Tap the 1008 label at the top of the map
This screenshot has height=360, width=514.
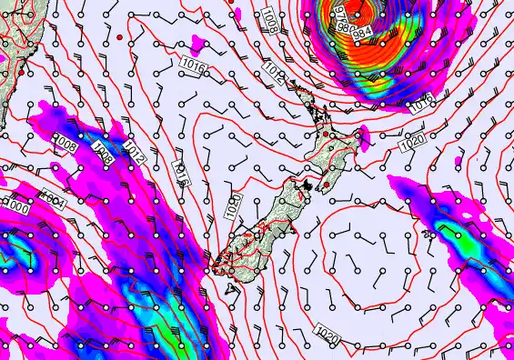[x=271, y=17]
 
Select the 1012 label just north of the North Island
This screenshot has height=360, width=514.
[x=275, y=66]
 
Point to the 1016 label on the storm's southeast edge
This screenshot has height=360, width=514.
[x=420, y=103]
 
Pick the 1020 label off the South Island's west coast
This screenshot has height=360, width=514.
[x=232, y=205]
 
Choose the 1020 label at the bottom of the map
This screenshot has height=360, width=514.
[x=329, y=336]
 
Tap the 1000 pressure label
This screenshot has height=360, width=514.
[x=14, y=207]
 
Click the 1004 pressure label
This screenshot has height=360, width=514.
[x=53, y=195]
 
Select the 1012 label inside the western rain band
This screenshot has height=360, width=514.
[x=134, y=150]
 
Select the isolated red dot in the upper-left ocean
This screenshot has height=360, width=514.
[x=119, y=36]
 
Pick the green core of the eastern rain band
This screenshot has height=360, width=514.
[x=448, y=229]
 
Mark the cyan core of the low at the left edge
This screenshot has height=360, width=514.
[x=11, y=256]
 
